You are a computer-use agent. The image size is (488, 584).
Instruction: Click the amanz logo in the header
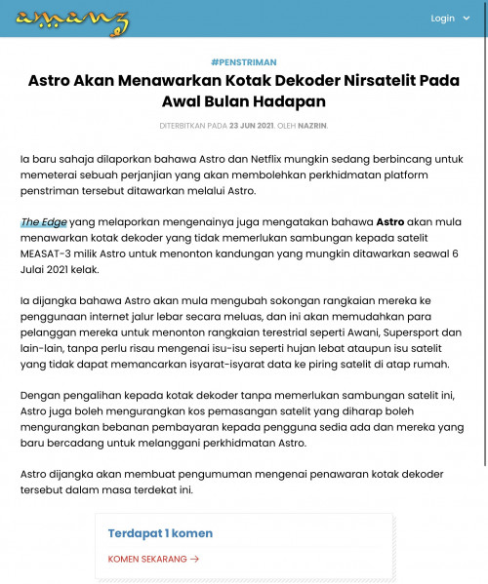pos(73,19)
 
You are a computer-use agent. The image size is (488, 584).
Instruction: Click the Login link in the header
pos(442,19)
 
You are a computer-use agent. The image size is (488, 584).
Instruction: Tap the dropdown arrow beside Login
pos(467,19)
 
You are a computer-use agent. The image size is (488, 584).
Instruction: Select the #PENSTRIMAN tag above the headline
pos(243,61)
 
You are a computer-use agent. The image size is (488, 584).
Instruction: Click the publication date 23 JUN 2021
pos(251,126)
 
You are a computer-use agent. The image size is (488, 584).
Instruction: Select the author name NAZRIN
pos(314,126)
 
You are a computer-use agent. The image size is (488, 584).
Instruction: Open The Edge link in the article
pos(44,222)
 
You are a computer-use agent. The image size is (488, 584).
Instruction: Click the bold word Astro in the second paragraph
pos(390,222)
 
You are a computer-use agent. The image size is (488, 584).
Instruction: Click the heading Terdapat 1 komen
pos(160,533)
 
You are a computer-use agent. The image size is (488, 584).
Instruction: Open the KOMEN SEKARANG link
pos(147,559)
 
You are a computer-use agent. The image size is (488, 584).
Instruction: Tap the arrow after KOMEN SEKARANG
pos(195,559)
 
